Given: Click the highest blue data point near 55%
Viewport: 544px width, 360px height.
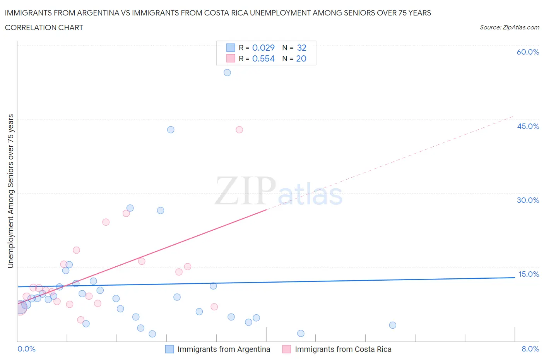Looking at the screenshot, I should (227, 72).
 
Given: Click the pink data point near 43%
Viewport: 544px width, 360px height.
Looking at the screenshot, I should (239, 130).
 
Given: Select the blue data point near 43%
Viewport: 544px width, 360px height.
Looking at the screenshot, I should (171, 130).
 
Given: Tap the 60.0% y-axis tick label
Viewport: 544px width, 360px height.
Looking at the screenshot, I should (528, 52).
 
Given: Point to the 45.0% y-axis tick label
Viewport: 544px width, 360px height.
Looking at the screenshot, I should (528, 126).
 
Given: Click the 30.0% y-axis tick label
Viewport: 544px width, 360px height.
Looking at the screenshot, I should (528, 200).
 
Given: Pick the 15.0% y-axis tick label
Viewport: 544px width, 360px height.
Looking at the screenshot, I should (528, 274).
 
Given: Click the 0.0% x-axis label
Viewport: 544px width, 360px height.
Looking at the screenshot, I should (26, 349).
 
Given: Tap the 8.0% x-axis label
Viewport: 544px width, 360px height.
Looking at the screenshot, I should (530, 349).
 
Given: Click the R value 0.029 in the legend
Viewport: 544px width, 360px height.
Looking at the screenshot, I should (263, 48).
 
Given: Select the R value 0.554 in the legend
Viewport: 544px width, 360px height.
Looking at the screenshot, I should (263, 58).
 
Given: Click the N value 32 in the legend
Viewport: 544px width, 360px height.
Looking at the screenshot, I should (301, 48).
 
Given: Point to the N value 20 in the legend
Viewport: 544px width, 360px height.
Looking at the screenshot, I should (301, 58).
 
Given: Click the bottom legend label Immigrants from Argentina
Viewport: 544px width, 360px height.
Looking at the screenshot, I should (224, 349).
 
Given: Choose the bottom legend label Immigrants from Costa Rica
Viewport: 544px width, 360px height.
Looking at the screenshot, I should (343, 349).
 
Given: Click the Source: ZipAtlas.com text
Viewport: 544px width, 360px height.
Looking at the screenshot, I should (509, 27).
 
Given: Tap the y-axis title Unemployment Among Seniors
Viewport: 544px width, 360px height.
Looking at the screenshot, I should (11, 191).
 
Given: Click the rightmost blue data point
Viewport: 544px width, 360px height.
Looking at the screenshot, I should (392, 325).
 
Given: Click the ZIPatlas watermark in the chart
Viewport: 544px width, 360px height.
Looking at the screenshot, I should (279, 191).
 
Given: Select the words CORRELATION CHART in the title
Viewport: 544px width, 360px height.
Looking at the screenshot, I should (44, 27).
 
